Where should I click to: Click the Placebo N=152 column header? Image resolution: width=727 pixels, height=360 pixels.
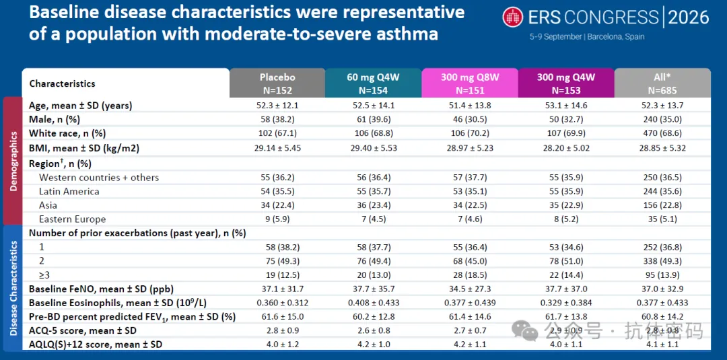pos(277,83)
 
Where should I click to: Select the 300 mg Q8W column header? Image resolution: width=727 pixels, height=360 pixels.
pos(470,83)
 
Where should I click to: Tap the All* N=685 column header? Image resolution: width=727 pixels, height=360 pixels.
pos(662,83)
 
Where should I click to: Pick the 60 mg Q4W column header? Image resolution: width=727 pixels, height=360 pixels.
pos(373,83)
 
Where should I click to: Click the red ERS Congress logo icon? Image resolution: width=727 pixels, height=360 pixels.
pos(513,17)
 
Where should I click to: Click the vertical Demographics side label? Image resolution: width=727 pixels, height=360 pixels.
pos(13,161)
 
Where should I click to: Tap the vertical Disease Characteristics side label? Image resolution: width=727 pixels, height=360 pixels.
pos(13,288)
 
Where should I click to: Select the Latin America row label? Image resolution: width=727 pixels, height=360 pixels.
pos(69,191)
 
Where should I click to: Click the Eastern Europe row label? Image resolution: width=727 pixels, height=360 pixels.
pos(72,219)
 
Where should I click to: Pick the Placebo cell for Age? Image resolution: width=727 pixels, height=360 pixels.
pos(277,106)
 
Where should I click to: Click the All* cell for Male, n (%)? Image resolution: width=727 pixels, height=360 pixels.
pos(662,120)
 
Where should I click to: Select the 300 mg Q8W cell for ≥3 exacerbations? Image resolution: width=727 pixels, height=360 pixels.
pos(470,275)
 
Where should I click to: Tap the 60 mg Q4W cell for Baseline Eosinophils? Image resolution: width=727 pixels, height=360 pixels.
pos(373,303)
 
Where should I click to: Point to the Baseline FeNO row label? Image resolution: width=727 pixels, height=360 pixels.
pos(101,289)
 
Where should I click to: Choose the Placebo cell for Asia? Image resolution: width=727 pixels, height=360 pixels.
pos(277,205)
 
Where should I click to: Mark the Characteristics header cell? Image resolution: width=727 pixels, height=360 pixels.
pos(62,84)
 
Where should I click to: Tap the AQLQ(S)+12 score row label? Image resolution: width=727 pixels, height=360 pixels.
pos(96,345)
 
